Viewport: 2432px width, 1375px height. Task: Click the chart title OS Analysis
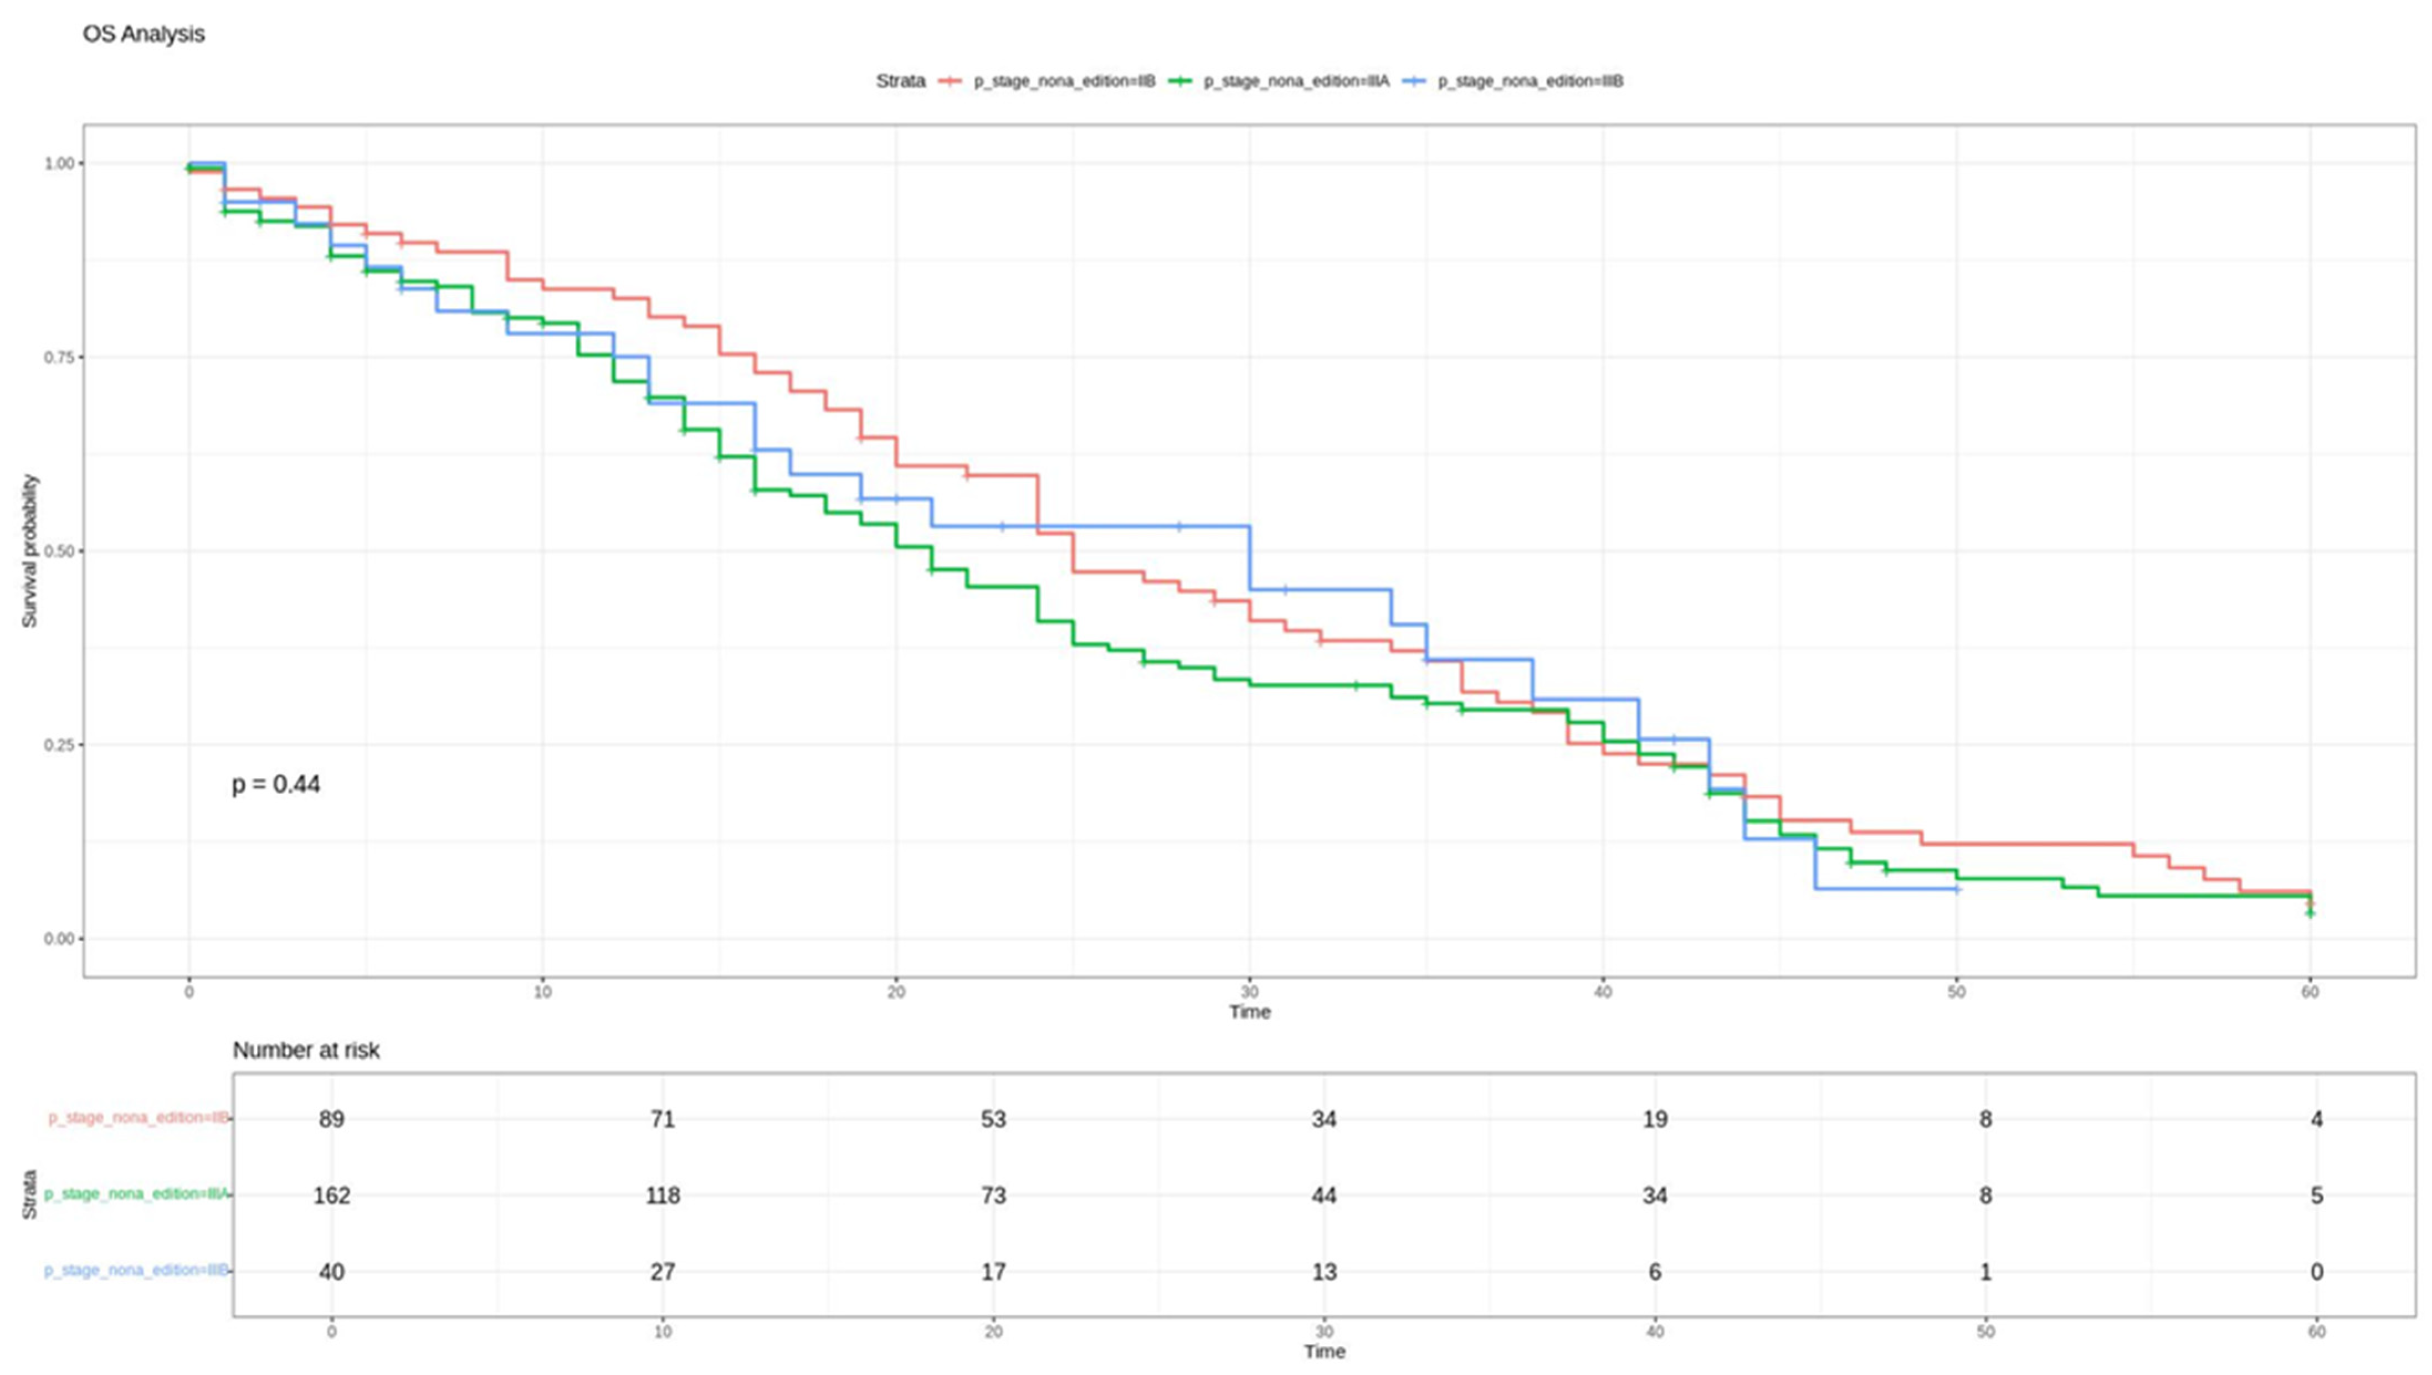pyautogui.click(x=143, y=34)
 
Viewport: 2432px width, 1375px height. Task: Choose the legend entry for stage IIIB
pyautogui.click(x=1513, y=81)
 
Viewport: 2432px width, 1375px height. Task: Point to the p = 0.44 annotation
pyautogui.click(x=276, y=785)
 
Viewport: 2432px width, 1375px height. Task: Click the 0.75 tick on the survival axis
pyautogui.click(x=59, y=357)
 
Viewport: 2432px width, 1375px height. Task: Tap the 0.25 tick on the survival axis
pyautogui.click(x=59, y=745)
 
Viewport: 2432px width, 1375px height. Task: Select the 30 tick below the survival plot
pyautogui.click(x=1249, y=991)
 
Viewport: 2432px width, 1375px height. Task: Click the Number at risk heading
pyautogui.click(x=306, y=1050)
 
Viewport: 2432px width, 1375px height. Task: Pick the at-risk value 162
pyautogui.click(x=332, y=1196)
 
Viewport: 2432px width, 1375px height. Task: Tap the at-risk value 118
pyautogui.click(x=663, y=1196)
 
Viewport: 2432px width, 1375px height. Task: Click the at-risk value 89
pyautogui.click(x=332, y=1119)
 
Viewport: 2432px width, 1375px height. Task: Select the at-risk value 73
pyautogui.click(x=993, y=1196)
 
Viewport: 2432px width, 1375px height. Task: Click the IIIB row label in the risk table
pyautogui.click(x=136, y=1270)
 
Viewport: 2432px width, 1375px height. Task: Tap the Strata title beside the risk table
pyautogui.click(x=29, y=1195)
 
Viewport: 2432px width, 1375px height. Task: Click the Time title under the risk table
pyautogui.click(x=1325, y=1351)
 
